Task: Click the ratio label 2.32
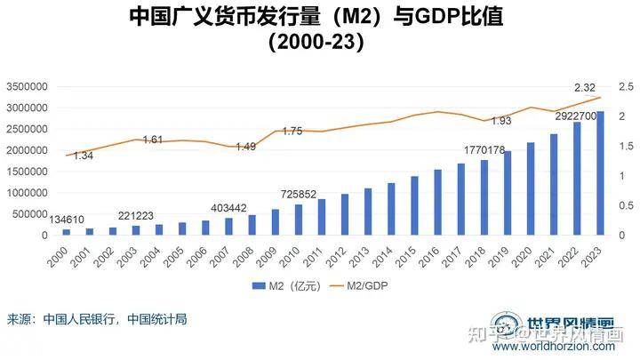(585, 87)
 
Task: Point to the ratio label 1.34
(84, 156)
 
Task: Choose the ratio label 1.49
(246, 147)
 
